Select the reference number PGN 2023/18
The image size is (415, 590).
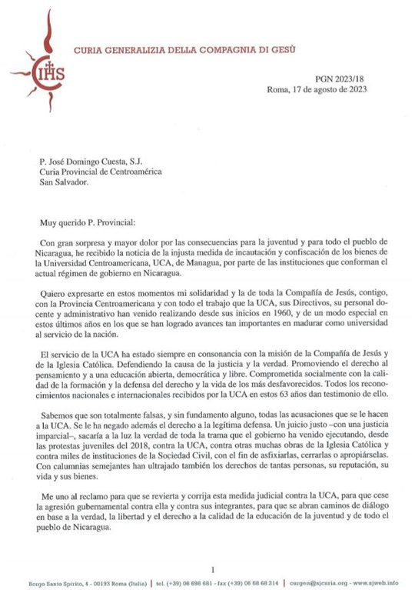click(341, 78)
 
